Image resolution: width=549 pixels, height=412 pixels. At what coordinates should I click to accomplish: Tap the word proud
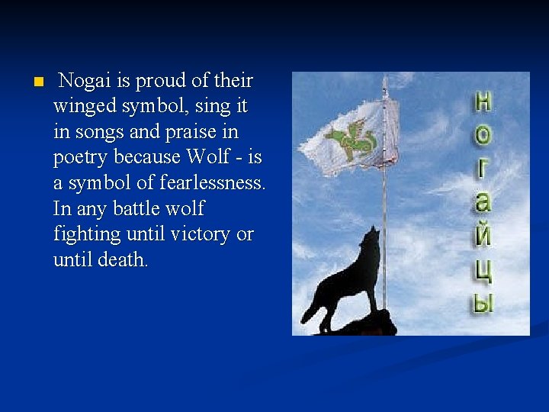tap(155, 81)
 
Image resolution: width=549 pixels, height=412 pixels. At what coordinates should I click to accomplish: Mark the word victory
tap(202, 234)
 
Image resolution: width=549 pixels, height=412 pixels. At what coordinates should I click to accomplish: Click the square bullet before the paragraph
tap(30, 81)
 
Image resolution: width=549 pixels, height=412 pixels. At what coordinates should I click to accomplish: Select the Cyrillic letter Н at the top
tap(483, 101)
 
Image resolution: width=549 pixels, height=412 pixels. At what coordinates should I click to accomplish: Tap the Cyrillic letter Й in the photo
tap(483, 236)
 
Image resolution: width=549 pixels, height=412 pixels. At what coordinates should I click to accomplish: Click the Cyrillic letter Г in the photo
tap(483, 169)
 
